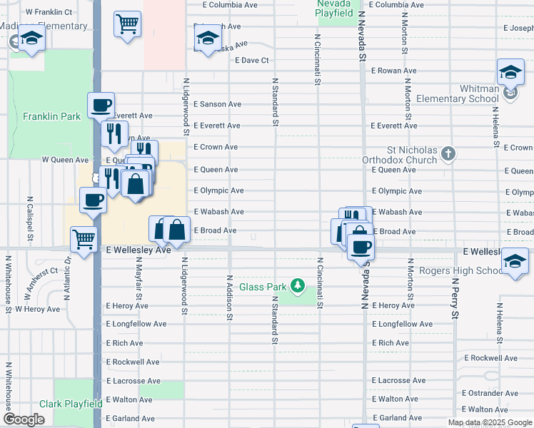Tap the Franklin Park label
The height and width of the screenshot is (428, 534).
51,116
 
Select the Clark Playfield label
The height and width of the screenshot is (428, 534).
71,404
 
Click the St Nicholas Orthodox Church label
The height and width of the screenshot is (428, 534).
401,156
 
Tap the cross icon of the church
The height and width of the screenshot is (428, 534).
448,153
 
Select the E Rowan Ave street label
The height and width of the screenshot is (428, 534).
393,71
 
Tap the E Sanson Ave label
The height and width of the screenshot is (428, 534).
217,104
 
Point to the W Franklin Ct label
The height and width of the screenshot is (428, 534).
49,12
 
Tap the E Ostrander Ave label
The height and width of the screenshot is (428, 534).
490,393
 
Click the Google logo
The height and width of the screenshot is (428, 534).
24,419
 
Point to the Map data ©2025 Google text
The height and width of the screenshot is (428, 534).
489,422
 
